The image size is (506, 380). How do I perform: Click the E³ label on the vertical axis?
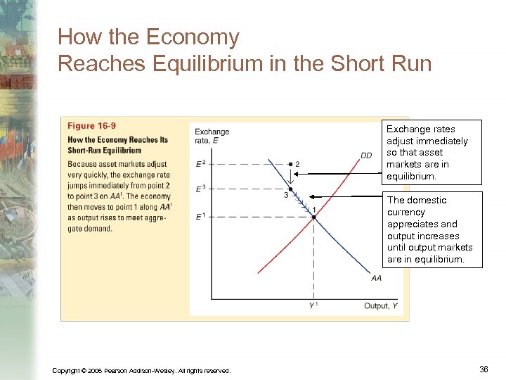coord(200,189)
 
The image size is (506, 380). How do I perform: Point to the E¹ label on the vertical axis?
coord(200,216)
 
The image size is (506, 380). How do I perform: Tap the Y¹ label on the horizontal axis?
coord(313,305)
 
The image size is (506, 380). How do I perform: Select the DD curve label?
coord(366,156)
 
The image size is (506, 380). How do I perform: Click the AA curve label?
coord(377,279)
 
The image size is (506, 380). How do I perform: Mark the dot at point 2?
coord(290,164)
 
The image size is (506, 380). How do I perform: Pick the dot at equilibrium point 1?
coord(313,217)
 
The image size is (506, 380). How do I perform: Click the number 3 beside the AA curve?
coord(285,196)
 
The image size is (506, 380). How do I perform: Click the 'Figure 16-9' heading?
coord(91,126)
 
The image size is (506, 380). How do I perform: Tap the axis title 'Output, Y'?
coord(380,305)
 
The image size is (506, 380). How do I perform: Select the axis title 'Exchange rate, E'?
coord(212,136)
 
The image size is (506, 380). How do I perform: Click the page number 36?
coord(484,369)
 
